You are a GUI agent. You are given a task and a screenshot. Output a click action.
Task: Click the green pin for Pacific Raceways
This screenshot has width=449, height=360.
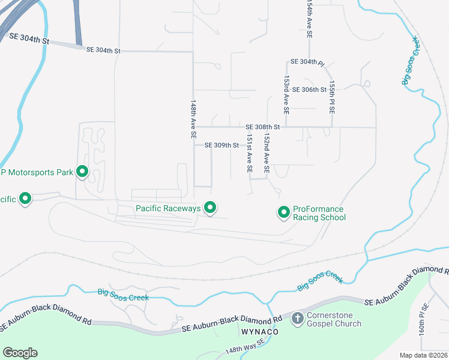point(210,208)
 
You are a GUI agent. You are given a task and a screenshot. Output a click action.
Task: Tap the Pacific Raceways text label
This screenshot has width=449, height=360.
point(167,208)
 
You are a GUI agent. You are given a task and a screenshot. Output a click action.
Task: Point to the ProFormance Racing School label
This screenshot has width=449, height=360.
point(319,213)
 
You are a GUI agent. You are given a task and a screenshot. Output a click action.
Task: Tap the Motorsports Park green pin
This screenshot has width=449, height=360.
point(82,172)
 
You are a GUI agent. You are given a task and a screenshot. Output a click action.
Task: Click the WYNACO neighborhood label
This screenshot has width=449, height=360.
point(258,332)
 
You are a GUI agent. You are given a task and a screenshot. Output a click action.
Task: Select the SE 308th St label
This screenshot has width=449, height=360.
point(263,127)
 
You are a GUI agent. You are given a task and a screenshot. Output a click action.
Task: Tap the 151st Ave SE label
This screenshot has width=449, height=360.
point(249,153)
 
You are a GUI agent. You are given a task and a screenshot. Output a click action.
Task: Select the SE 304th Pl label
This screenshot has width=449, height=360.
point(307,62)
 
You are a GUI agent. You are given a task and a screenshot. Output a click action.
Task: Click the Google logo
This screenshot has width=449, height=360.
point(20,353)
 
